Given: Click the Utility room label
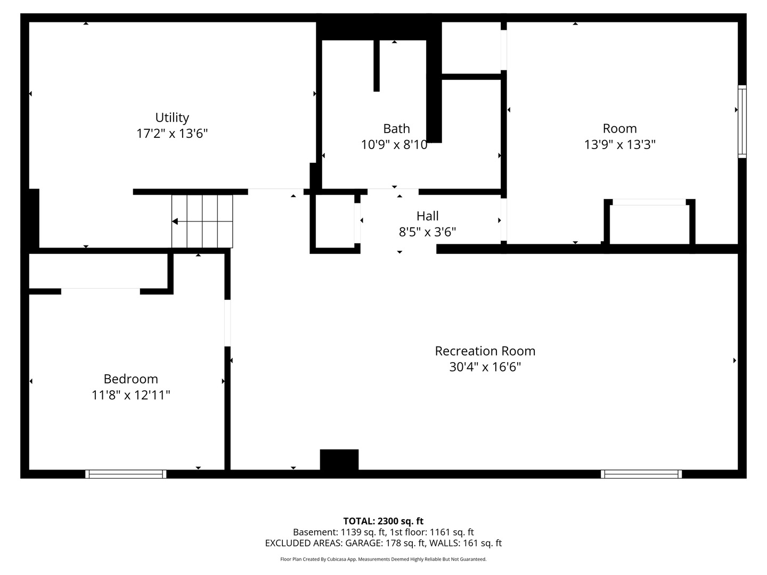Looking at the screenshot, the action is pos(172,117).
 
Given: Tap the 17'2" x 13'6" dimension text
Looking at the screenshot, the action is pos(172,133).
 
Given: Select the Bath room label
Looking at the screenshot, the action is pos(396,128).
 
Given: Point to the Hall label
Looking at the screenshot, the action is pos(427,216).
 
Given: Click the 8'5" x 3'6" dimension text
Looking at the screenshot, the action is pos(427,232).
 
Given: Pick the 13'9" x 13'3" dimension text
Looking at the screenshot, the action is pos(619,144).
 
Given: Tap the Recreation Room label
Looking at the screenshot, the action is pos(485,351).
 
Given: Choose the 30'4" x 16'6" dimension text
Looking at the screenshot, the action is pos(485,367).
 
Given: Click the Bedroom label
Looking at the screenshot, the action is pos(130,379).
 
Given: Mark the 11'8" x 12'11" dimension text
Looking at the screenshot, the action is pos(130,395).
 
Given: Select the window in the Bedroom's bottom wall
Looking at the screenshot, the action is pos(126,474).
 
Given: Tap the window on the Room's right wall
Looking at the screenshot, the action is pos(742,121).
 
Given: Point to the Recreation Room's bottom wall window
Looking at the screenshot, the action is pos(641,474).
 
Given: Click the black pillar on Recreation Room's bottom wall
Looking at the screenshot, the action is pos(339,460).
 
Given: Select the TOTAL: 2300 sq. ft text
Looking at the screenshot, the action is pos(383,521).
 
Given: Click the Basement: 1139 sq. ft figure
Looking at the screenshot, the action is pos(339,532).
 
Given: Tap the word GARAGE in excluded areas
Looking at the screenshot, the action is pos(364,543).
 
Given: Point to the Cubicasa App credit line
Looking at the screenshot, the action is pos(383,559).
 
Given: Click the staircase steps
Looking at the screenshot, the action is pos(202,221).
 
